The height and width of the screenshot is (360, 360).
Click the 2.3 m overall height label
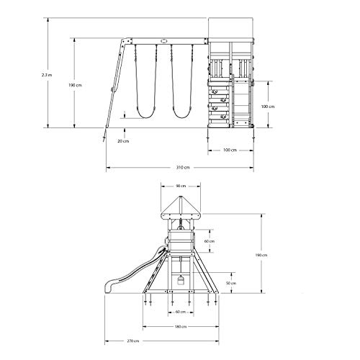click(x=47, y=75)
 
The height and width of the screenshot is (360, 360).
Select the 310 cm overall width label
click(x=183, y=167)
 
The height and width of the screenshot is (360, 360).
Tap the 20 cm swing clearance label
click(x=123, y=141)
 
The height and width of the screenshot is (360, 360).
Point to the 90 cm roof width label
click(x=181, y=186)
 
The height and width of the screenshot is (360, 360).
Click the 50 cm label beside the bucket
click(x=231, y=283)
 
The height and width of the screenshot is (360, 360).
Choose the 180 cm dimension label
click(x=181, y=327)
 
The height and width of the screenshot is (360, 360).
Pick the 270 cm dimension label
click(x=133, y=341)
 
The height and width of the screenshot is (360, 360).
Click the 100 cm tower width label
click(x=230, y=150)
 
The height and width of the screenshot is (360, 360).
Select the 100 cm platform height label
click(x=268, y=107)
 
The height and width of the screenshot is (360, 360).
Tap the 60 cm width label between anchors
click(x=181, y=312)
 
